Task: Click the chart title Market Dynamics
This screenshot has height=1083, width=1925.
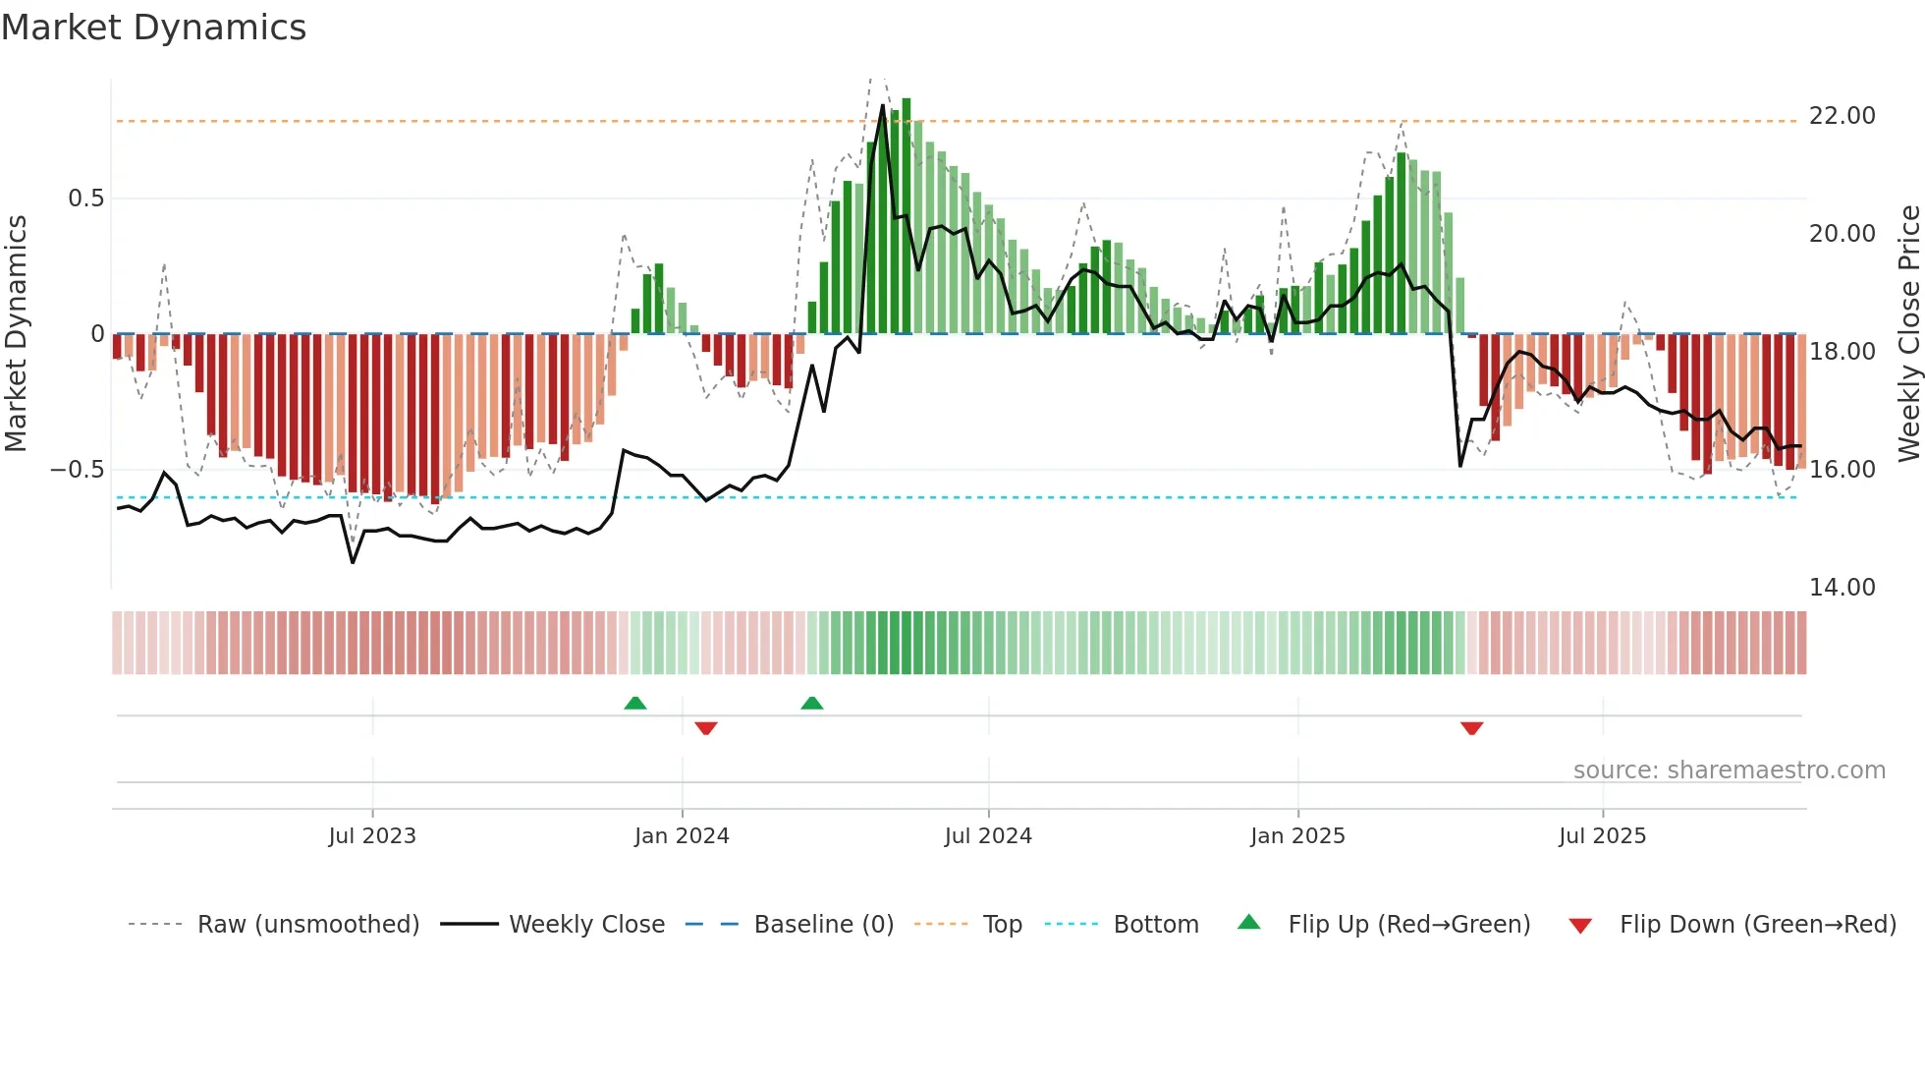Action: (x=153, y=28)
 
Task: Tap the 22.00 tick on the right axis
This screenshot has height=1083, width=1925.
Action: (x=1842, y=116)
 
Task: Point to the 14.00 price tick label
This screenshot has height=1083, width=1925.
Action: (x=1842, y=588)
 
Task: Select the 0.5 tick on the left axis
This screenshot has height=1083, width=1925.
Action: (x=85, y=199)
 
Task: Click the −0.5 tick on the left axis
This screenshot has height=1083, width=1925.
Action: (x=78, y=470)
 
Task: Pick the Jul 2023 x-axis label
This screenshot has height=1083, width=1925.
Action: (x=372, y=836)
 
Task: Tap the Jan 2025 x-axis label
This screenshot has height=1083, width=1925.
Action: (x=1297, y=836)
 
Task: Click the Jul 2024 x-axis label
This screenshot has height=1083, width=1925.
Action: (x=988, y=836)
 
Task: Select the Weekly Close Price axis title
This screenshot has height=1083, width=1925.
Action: (x=1908, y=334)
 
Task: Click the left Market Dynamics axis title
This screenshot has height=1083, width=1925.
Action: (x=16, y=334)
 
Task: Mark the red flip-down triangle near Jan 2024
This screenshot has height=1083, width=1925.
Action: (x=706, y=728)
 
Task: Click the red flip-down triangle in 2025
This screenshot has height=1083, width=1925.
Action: (x=1471, y=728)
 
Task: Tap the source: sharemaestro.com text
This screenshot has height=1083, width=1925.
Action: (x=1729, y=770)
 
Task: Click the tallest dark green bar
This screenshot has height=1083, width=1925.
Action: (x=907, y=216)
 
